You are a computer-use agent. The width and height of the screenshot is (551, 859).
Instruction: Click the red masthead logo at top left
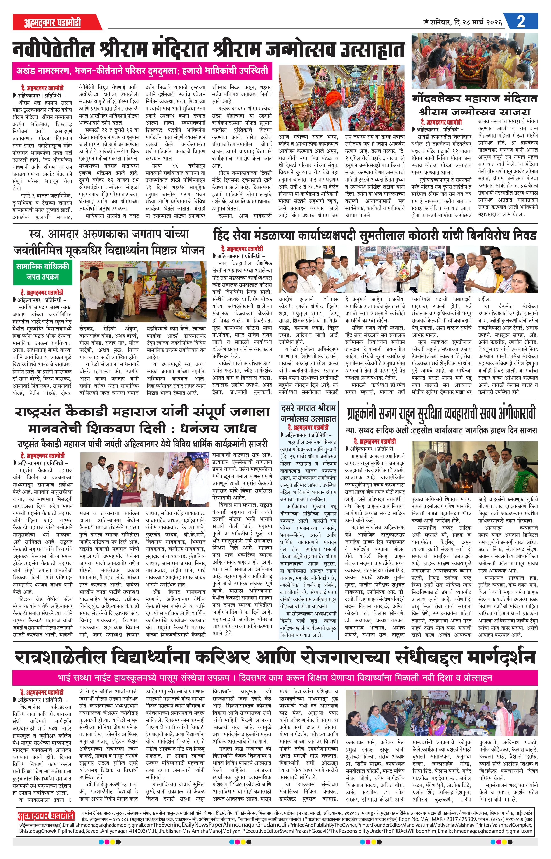pos(53,22)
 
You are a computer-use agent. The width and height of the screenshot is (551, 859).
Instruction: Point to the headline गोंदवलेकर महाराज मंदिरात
pos(475,98)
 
